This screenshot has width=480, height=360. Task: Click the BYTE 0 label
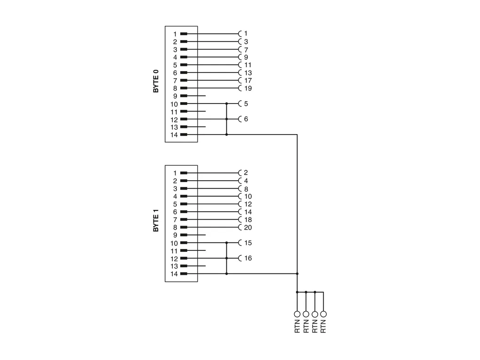tap(156, 81)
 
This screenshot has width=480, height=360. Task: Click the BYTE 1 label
tap(156, 220)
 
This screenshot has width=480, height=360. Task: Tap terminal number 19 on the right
tap(248, 88)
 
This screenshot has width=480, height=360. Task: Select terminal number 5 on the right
tap(246, 104)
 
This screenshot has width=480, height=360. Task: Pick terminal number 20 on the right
tap(248, 227)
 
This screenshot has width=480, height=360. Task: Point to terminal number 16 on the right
tap(248, 258)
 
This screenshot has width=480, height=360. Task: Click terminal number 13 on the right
tap(248, 72)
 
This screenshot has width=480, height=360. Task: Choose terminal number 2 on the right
tap(246, 173)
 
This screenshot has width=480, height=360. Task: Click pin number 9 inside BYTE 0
tap(175, 96)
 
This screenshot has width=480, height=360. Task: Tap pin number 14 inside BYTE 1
tap(174, 274)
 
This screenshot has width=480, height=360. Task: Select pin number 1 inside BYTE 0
tap(175, 34)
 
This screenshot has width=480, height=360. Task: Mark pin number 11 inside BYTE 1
tap(174, 251)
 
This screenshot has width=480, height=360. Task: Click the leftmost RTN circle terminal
tap(297, 313)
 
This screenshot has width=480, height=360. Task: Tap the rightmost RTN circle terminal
tap(323, 313)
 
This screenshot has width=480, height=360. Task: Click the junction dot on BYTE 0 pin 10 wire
tap(227, 104)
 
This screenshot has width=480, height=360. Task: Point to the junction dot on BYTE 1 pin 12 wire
tap(227, 258)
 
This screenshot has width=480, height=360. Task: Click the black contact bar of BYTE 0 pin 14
tap(184, 135)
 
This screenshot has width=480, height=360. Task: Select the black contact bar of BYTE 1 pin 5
tap(184, 204)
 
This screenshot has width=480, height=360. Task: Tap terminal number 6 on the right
tap(246, 119)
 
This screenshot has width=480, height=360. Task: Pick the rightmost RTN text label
tap(323, 326)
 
